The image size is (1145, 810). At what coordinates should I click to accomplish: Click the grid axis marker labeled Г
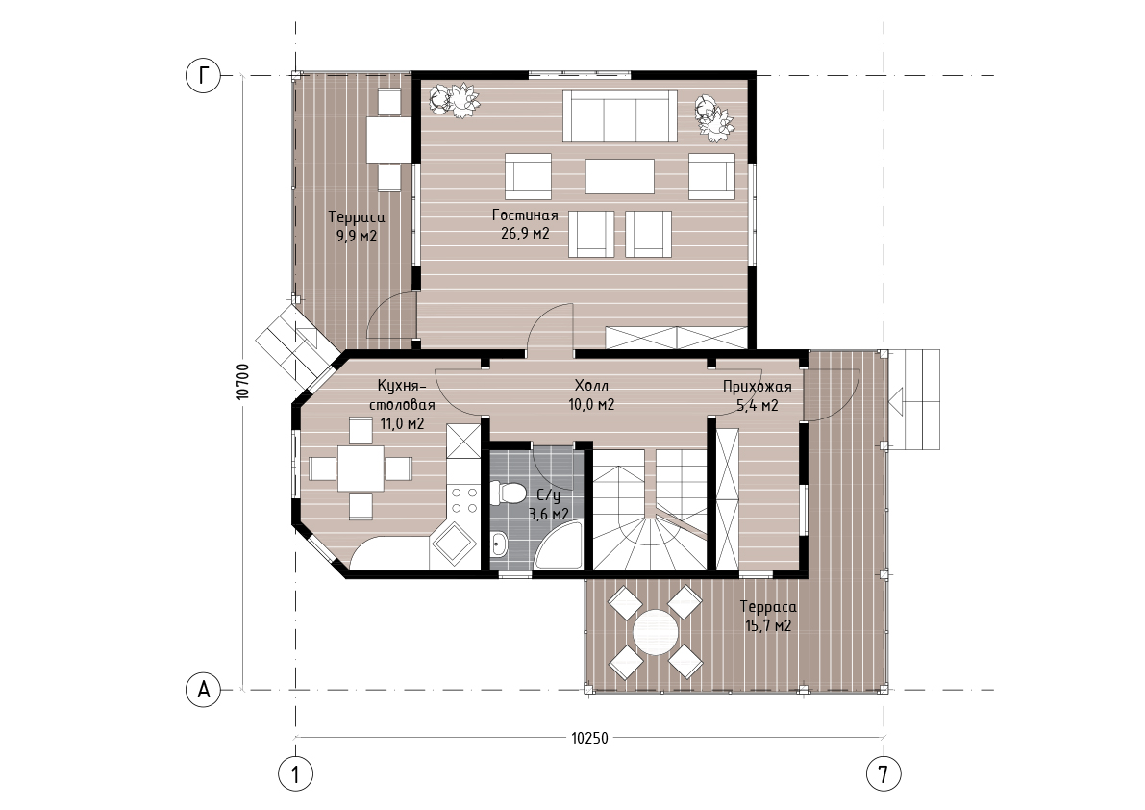click(x=203, y=75)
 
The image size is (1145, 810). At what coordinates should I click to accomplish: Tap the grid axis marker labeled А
click(x=203, y=689)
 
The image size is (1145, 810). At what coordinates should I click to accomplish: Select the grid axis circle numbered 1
click(x=296, y=773)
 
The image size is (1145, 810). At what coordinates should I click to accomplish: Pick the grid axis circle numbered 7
click(x=884, y=773)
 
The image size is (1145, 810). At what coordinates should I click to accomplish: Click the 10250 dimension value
click(x=589, y=738)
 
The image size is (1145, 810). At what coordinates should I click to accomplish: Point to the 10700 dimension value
click(x=244, y=381)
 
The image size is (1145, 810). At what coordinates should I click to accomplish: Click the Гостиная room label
click(x=524, y=215)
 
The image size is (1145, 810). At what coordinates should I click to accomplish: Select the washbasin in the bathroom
click(x=500, y=544)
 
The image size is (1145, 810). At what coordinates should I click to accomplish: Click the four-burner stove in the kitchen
click(x=463, y=500)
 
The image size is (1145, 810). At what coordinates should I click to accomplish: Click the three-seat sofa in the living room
click(x=619, y=115)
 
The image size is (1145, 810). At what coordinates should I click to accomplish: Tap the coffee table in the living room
click(x=619, y=176)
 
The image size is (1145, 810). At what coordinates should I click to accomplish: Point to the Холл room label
click(x=591, y=386)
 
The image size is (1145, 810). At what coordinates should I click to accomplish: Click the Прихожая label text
click(x=758, y=387)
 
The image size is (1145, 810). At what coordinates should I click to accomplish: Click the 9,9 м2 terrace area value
click(x=357, y=236)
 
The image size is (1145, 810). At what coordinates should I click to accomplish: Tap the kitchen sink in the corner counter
click(x=454, y=544)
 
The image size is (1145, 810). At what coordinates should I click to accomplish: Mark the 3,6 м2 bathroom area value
click(x=549, y=515)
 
